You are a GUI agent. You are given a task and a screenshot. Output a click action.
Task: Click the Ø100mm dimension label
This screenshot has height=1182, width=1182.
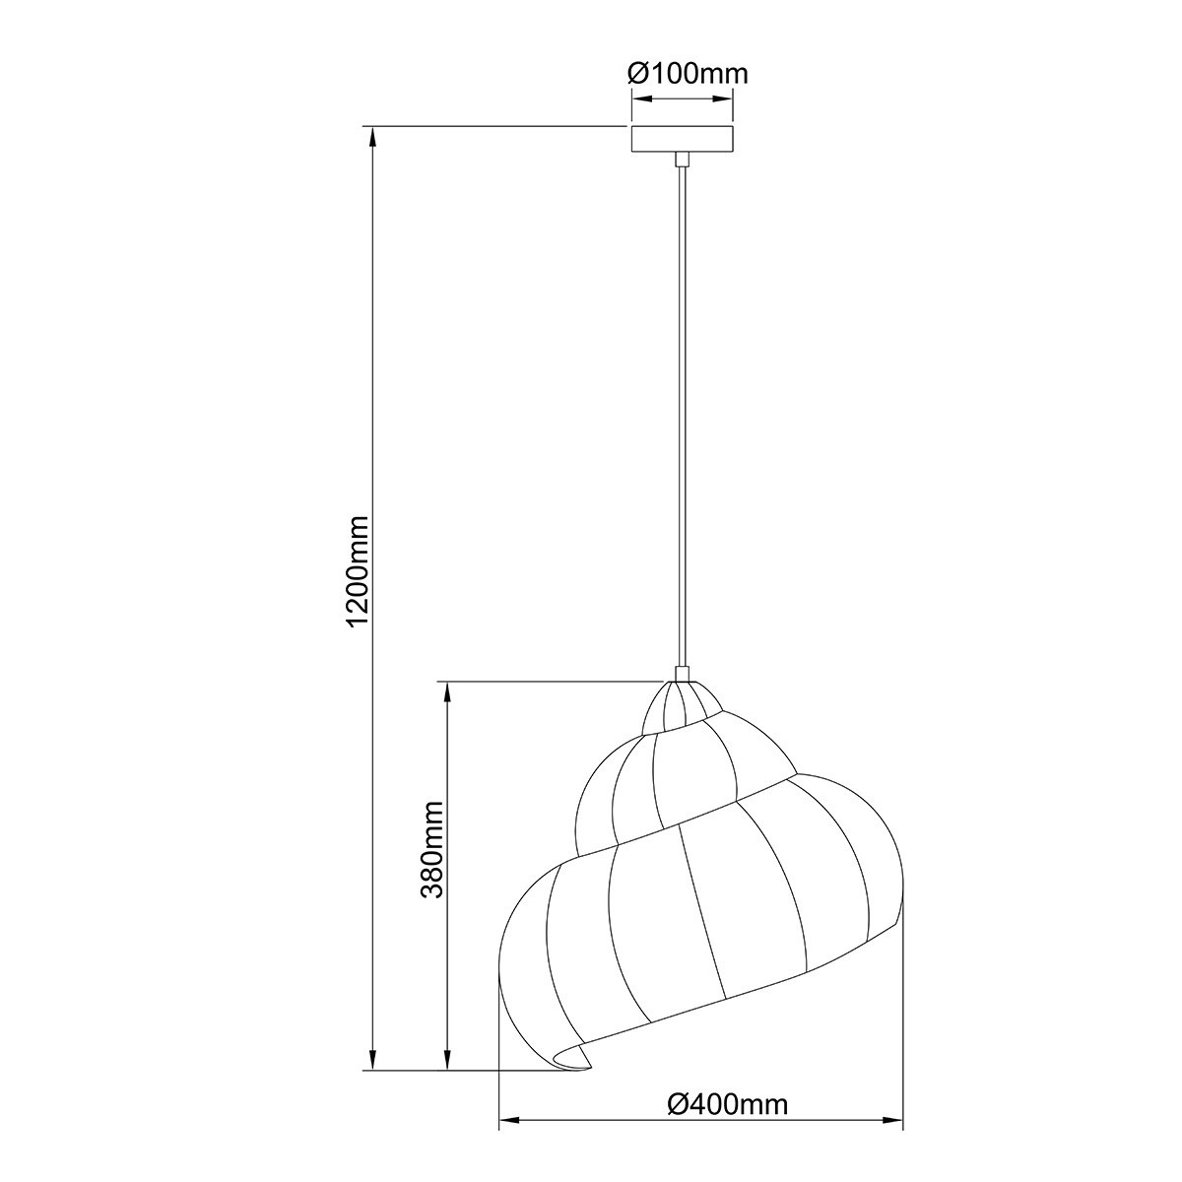click(688, 74)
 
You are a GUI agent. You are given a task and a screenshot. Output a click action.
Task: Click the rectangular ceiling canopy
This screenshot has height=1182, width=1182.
click(682, 139)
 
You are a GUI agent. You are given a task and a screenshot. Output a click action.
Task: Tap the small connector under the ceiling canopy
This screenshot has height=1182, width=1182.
click(682, 160)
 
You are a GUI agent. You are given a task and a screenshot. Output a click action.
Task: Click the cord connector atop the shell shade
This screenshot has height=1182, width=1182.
click(682, 674)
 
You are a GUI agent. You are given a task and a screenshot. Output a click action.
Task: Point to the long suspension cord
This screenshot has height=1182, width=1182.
click(682, 417)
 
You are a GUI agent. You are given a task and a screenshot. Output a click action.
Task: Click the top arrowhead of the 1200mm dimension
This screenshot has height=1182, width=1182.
click(372, 137)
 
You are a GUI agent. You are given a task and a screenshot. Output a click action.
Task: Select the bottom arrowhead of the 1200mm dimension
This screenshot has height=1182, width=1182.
click(372, 1058)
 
